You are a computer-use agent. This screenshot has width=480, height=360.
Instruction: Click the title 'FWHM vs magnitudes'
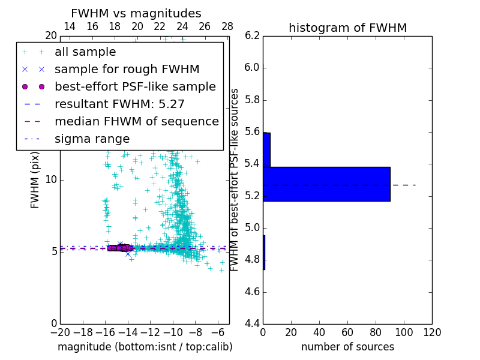coord(136,13)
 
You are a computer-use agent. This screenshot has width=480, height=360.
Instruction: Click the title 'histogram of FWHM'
coord(347,28)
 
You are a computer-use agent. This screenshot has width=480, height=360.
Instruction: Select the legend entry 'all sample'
coord(85,52)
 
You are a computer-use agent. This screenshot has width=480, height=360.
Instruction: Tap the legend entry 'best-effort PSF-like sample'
coord(135,86)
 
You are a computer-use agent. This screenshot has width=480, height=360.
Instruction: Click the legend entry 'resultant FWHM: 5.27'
coord(119,104)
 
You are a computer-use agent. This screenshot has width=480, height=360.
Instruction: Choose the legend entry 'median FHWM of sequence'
coord(136,121)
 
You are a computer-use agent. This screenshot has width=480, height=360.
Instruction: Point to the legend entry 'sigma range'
coord(92,139)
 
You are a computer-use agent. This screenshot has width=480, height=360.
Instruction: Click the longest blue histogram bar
coord(326,184)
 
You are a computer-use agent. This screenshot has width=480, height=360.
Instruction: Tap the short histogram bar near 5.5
coord(266,149)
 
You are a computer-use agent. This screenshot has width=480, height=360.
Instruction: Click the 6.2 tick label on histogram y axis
coord(253,35)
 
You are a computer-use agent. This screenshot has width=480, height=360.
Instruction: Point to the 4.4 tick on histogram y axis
coord(253,324)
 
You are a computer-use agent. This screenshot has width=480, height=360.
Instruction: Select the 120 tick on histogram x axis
coord(431,332)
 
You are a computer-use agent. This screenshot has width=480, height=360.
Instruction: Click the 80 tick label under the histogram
coord(376,332)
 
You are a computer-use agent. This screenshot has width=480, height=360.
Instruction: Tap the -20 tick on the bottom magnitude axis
coord(60,332)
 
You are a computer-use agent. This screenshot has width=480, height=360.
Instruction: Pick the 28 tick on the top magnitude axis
coord(227,26)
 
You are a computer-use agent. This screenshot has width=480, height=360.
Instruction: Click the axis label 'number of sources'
coord(347,347)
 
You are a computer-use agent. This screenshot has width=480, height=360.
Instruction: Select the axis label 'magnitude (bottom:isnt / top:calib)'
coord(145,347)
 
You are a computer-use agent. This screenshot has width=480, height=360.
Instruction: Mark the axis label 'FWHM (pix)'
coord(35,179)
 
